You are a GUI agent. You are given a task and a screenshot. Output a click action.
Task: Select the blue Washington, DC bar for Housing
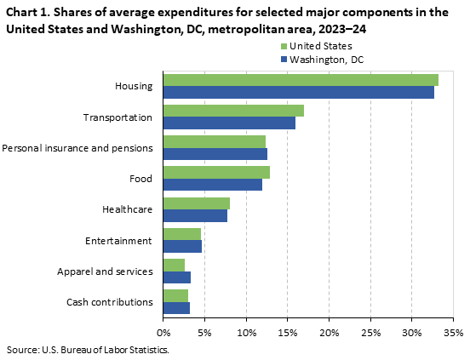[298, 92]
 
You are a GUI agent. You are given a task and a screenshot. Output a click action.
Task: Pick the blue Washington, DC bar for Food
[212, 184]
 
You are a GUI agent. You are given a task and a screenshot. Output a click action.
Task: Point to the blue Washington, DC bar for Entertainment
[182, 246]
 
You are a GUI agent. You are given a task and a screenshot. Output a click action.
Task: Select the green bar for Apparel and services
[174, 265]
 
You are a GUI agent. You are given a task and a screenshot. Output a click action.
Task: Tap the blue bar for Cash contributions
[176, 307]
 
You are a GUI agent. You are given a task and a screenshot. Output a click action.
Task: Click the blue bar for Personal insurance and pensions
[215, 153]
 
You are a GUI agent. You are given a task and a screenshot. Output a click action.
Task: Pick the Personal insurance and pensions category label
[77, 148]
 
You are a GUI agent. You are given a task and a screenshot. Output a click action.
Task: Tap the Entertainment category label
[118, 241]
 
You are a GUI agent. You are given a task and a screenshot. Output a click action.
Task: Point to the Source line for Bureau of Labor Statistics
[88, 350]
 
